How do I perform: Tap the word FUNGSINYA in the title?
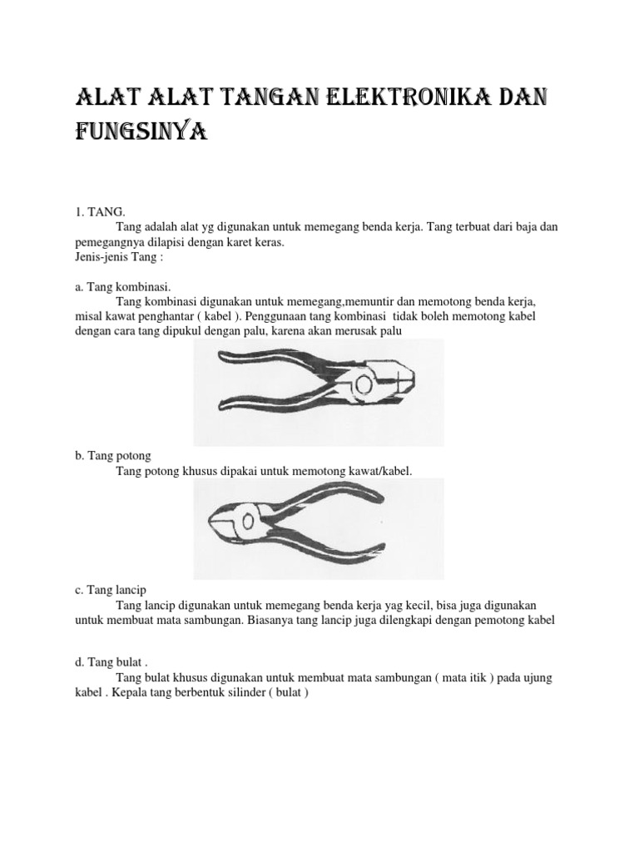point(140,131)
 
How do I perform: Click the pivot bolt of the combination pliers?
point(364,385)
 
